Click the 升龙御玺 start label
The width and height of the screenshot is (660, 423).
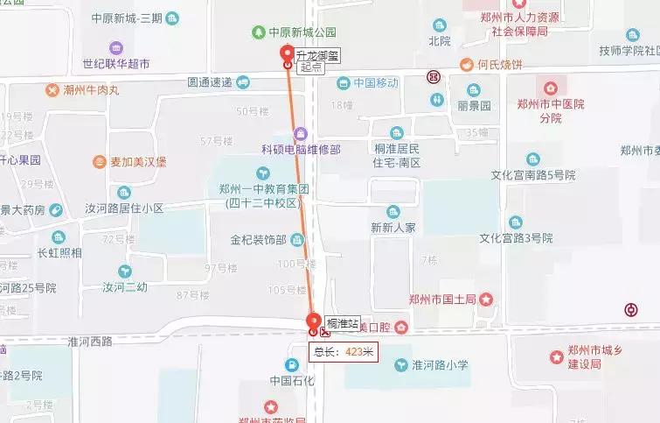[318, 55]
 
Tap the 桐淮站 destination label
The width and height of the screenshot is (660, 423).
[342, 324]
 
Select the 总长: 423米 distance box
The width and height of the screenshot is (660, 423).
[344, 352]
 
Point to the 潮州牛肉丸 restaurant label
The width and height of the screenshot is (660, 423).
[91, 89]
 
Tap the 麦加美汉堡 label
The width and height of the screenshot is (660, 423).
[137, 162]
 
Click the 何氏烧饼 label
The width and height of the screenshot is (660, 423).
[499, 65]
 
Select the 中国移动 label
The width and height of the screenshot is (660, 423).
[376, 83]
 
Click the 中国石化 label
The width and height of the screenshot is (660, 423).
[292, 380]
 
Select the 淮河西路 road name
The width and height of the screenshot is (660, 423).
[90, 342]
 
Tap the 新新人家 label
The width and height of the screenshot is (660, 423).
[393, 227]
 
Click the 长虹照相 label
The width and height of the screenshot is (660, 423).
[59, 252]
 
